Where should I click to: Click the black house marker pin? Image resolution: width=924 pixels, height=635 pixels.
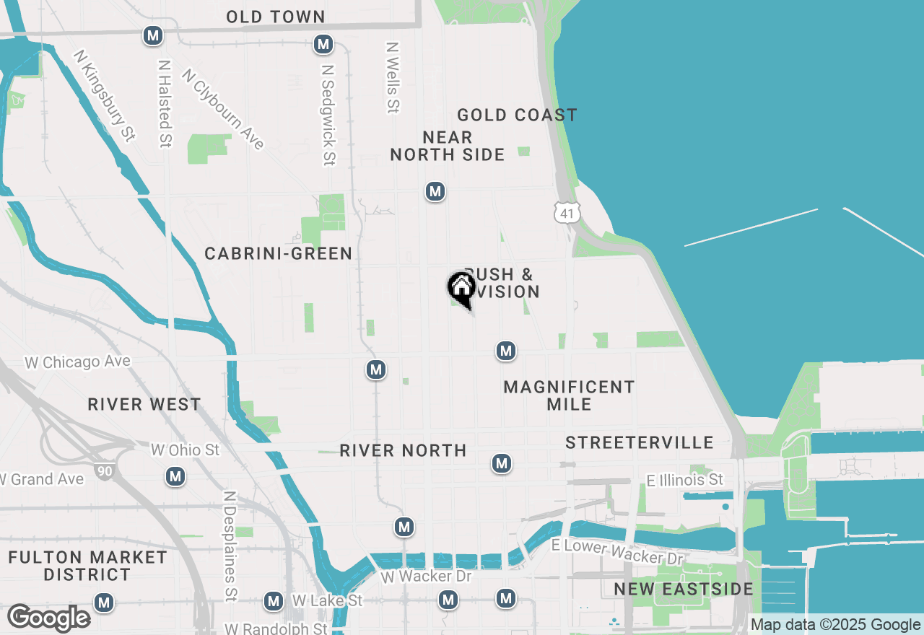[461, 289]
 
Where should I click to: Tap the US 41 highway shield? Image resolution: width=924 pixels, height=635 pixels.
[567, 211]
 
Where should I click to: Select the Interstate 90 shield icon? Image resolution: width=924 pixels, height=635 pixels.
[104, 471]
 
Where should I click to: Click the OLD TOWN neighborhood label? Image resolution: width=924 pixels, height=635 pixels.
[276, 17]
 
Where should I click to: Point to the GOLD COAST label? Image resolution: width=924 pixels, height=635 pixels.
[517, 115]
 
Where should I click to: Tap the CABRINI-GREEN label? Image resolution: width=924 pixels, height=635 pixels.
[278, 253]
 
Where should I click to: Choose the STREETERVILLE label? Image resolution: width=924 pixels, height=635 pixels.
[640, 442]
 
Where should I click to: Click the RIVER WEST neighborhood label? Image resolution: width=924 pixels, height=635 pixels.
[144, 404]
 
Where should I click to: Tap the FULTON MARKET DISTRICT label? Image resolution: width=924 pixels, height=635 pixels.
[87, 566]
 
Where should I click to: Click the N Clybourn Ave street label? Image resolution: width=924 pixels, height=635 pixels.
[223, 109]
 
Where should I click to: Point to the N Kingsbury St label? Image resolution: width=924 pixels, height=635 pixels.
[105, 95]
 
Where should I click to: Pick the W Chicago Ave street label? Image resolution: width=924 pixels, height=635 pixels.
[77, 362]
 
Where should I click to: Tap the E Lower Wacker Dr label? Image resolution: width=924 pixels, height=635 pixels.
[616, 552]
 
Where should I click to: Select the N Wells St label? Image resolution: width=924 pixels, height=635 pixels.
[393, 77]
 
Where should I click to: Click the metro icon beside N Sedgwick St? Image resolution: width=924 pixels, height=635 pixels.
[323, 45]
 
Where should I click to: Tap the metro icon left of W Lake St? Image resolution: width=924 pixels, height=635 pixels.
[273, 600]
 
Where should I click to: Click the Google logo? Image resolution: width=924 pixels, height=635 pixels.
[49, 618]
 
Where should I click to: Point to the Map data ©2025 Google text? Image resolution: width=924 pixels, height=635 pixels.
[835, 625]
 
